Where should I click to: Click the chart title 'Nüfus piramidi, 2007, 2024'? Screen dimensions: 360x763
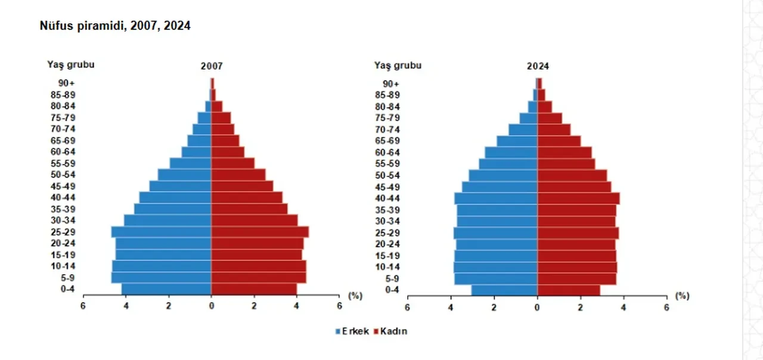click(x=115, y=26)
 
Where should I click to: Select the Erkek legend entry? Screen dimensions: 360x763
click(x=353, y=331)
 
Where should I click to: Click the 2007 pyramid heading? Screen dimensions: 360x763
click(x=212, y=67)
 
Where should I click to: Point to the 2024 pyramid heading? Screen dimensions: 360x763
click(x=538, y=67)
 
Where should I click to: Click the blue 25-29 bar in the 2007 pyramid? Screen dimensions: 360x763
click(x=161, y=232)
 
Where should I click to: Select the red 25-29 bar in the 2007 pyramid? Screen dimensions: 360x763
click(x=260, y=232)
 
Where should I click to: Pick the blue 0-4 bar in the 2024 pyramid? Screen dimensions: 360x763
click(x=504, y=290)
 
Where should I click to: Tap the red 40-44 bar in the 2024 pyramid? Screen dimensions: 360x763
click(x=578, y=198)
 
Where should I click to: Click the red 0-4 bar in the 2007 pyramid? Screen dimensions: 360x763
click(x=254, y=289)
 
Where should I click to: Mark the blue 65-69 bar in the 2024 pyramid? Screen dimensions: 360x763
click(x=517, y=141)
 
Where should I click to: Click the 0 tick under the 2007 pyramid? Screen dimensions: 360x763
click(x=212, y=306)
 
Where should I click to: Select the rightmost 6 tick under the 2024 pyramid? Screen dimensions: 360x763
click(x=666, y=307)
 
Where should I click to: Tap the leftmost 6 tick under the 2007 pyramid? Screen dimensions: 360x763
click(x=83, y=306)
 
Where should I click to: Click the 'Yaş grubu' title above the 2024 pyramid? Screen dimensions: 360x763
click(x=398, y=65)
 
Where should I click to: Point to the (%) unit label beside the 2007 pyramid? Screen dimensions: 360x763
click(x=355, y=296)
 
